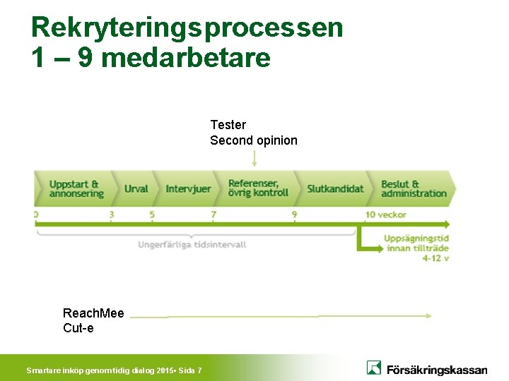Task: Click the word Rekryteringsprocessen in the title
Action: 187,28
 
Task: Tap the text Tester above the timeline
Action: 228,125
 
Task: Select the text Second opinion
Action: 253,140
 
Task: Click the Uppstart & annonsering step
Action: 75,188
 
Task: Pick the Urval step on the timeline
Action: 136,188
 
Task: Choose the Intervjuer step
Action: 188,188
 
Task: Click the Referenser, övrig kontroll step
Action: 258,188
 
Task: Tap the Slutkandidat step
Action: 335,188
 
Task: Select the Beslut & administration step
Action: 414,188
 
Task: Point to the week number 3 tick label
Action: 111,214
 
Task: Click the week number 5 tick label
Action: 152,214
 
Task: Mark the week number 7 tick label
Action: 213,214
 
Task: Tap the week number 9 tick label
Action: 294,214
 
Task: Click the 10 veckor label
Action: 385,214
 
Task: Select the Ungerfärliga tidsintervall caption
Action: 192,245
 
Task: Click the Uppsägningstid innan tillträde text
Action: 416,243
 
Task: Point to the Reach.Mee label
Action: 93,313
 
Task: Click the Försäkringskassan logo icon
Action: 374,368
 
